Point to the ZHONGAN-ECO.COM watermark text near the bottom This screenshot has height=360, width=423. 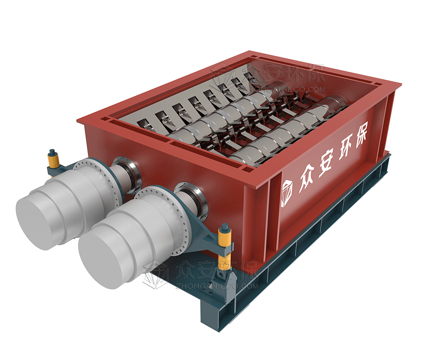click(217, 286)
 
